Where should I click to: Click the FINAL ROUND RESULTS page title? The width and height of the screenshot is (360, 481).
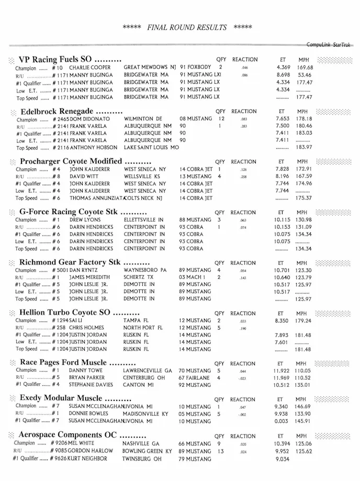tap(187, 27)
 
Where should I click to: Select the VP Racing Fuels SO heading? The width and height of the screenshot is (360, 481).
tap(70, 60)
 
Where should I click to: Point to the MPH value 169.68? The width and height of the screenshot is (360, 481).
tap(305, 68)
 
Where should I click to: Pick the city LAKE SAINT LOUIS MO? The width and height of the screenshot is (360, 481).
tap(151, 148)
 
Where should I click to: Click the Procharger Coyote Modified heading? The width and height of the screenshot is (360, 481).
tap(78, 162)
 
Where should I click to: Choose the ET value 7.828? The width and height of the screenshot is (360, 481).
tap(283, 170)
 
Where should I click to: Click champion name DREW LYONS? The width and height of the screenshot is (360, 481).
tap(86, 220)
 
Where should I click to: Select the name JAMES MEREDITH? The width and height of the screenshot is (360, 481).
tap(89, 277)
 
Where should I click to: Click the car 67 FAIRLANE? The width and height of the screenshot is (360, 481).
tap(195, 377)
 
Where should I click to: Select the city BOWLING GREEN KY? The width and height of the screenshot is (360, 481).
tap(148, 451)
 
